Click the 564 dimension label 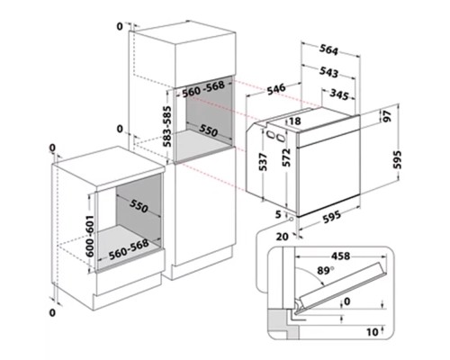coord(328,49)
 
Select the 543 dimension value coord(328,72)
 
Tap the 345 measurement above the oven coord(339,94)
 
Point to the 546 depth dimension coord(276,89)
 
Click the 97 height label coord(387,116)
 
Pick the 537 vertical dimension coord(263,162)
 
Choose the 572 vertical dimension coord(287,157)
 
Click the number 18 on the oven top coord(295,121)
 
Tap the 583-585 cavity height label coord(167,126)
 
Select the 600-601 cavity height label coord(90,236)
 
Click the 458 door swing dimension coord(340,256)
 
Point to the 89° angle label coord(326,271)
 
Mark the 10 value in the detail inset coord(373,332)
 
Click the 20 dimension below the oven coord(282,237)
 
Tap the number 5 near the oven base coord(278,214)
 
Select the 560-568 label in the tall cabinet coord(203,89)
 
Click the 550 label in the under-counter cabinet coord(139,206)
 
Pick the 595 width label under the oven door coord(331,217)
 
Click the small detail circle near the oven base coord(291,220)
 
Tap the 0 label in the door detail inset coord(347,301)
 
